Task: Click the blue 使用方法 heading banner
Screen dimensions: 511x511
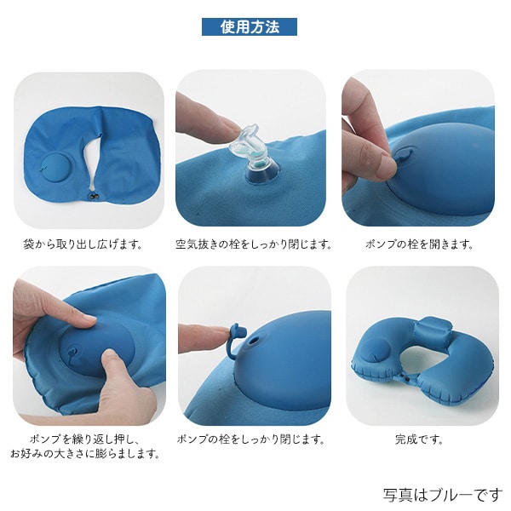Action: [250, 26]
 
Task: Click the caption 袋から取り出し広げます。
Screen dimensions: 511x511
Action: [83, 244]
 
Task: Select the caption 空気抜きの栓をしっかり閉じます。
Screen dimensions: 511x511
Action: [254, 244]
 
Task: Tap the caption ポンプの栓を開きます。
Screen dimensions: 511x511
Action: [419, 244]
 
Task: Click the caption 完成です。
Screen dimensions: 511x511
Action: [419, 439]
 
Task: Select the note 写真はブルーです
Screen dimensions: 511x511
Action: [442, 494]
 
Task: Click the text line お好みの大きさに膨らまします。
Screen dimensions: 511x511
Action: [84, 454]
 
